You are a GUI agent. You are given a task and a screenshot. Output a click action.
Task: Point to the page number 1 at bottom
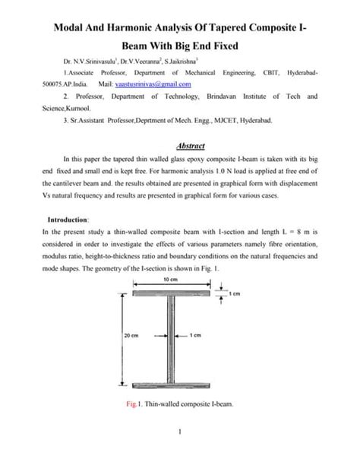pos(179,453)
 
